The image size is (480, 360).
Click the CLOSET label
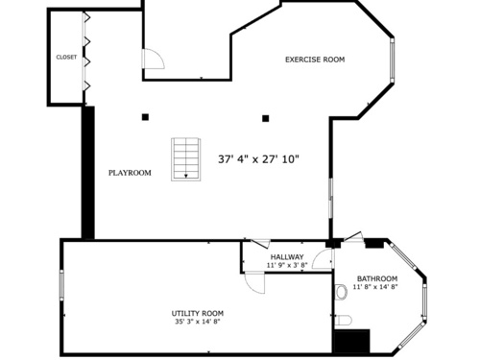point(66,58)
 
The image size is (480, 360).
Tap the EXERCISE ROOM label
point(315,60)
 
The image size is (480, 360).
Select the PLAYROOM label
point(130,173)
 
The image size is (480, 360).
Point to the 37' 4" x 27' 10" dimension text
point(258,159)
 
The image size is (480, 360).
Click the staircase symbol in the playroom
point(186,159)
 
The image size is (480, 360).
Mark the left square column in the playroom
point(145,117)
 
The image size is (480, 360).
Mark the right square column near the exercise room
point(265,119)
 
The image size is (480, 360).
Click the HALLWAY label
point(287,257)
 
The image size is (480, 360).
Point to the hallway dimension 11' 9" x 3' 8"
point(287,265)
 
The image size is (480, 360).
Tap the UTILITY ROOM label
point(198,314)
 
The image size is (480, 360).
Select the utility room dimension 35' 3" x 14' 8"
point(198,322)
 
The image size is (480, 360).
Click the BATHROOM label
point(377,278)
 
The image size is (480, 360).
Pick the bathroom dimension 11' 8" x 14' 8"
point(375,287)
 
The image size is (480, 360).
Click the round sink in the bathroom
point(342,292)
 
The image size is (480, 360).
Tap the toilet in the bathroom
point(344,320)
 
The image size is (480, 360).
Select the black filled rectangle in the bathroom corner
point(351,341)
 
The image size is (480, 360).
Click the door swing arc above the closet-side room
point(154,59)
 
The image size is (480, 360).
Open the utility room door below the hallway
point(254,282)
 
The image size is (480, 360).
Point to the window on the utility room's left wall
point(61,285)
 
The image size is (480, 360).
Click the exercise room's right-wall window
point(392,60)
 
